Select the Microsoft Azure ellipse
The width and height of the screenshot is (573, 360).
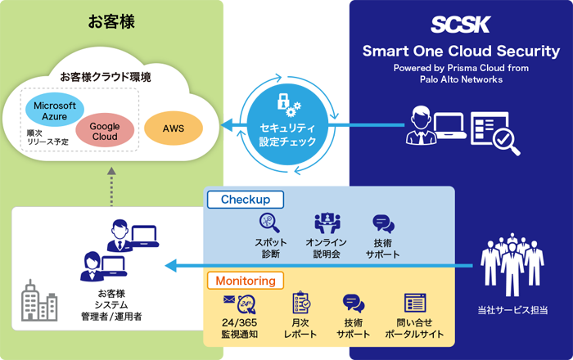[x=55, y=111]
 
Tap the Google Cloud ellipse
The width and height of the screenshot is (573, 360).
[x=105, y=132]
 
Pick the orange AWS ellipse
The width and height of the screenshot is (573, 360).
[x=173, y=128]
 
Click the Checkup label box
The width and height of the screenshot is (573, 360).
[x=245, y=200]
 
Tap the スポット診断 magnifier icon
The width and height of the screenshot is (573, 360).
[x=271, y=223]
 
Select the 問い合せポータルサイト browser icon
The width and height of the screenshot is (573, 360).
[x=413, y=304]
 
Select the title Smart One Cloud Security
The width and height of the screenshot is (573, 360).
[x=460, y=52]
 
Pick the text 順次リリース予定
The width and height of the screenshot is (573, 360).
[x=47, y=136]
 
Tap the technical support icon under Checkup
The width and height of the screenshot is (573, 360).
[x=383, y=223]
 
